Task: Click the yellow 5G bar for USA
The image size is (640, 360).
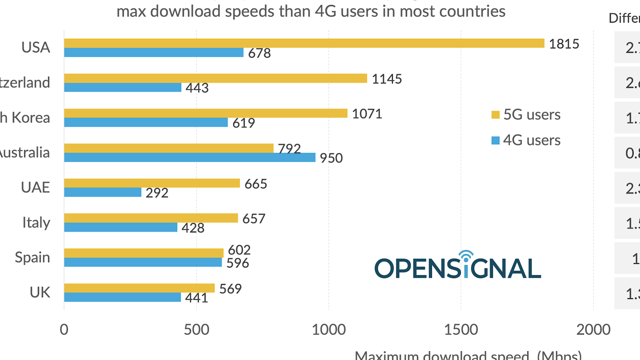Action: (x=304, y=43)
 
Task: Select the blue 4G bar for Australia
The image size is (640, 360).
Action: (x=190, y=157)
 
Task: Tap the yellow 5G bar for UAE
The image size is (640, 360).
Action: (x=152, y=183)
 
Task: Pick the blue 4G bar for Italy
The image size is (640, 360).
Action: (x=121, y=227)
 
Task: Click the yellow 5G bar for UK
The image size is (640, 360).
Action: (x=140, y=288)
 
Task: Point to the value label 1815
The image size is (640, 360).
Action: (x=564, y=44)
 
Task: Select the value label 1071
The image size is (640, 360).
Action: (x=367, y=114)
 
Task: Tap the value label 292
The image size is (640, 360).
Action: (x=157, y=193)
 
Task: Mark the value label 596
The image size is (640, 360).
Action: (x=238, y=263)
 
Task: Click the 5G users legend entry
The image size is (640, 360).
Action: (x=526, y=115)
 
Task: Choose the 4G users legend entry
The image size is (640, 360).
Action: (x=526, y=140)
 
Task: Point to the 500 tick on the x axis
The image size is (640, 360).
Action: (x=196, y=330)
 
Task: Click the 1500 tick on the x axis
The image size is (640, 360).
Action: (x=461, y=330)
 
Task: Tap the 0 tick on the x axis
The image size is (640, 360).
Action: (x=64, y=330)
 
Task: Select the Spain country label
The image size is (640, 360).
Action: (x=32, y=257)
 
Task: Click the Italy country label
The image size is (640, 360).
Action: (x=36, y=222)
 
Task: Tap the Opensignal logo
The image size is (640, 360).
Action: (x=458, y=265)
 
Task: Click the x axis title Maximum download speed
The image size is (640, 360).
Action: (x=468, y=356)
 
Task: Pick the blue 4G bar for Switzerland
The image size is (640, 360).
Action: (x=123, y=87)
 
